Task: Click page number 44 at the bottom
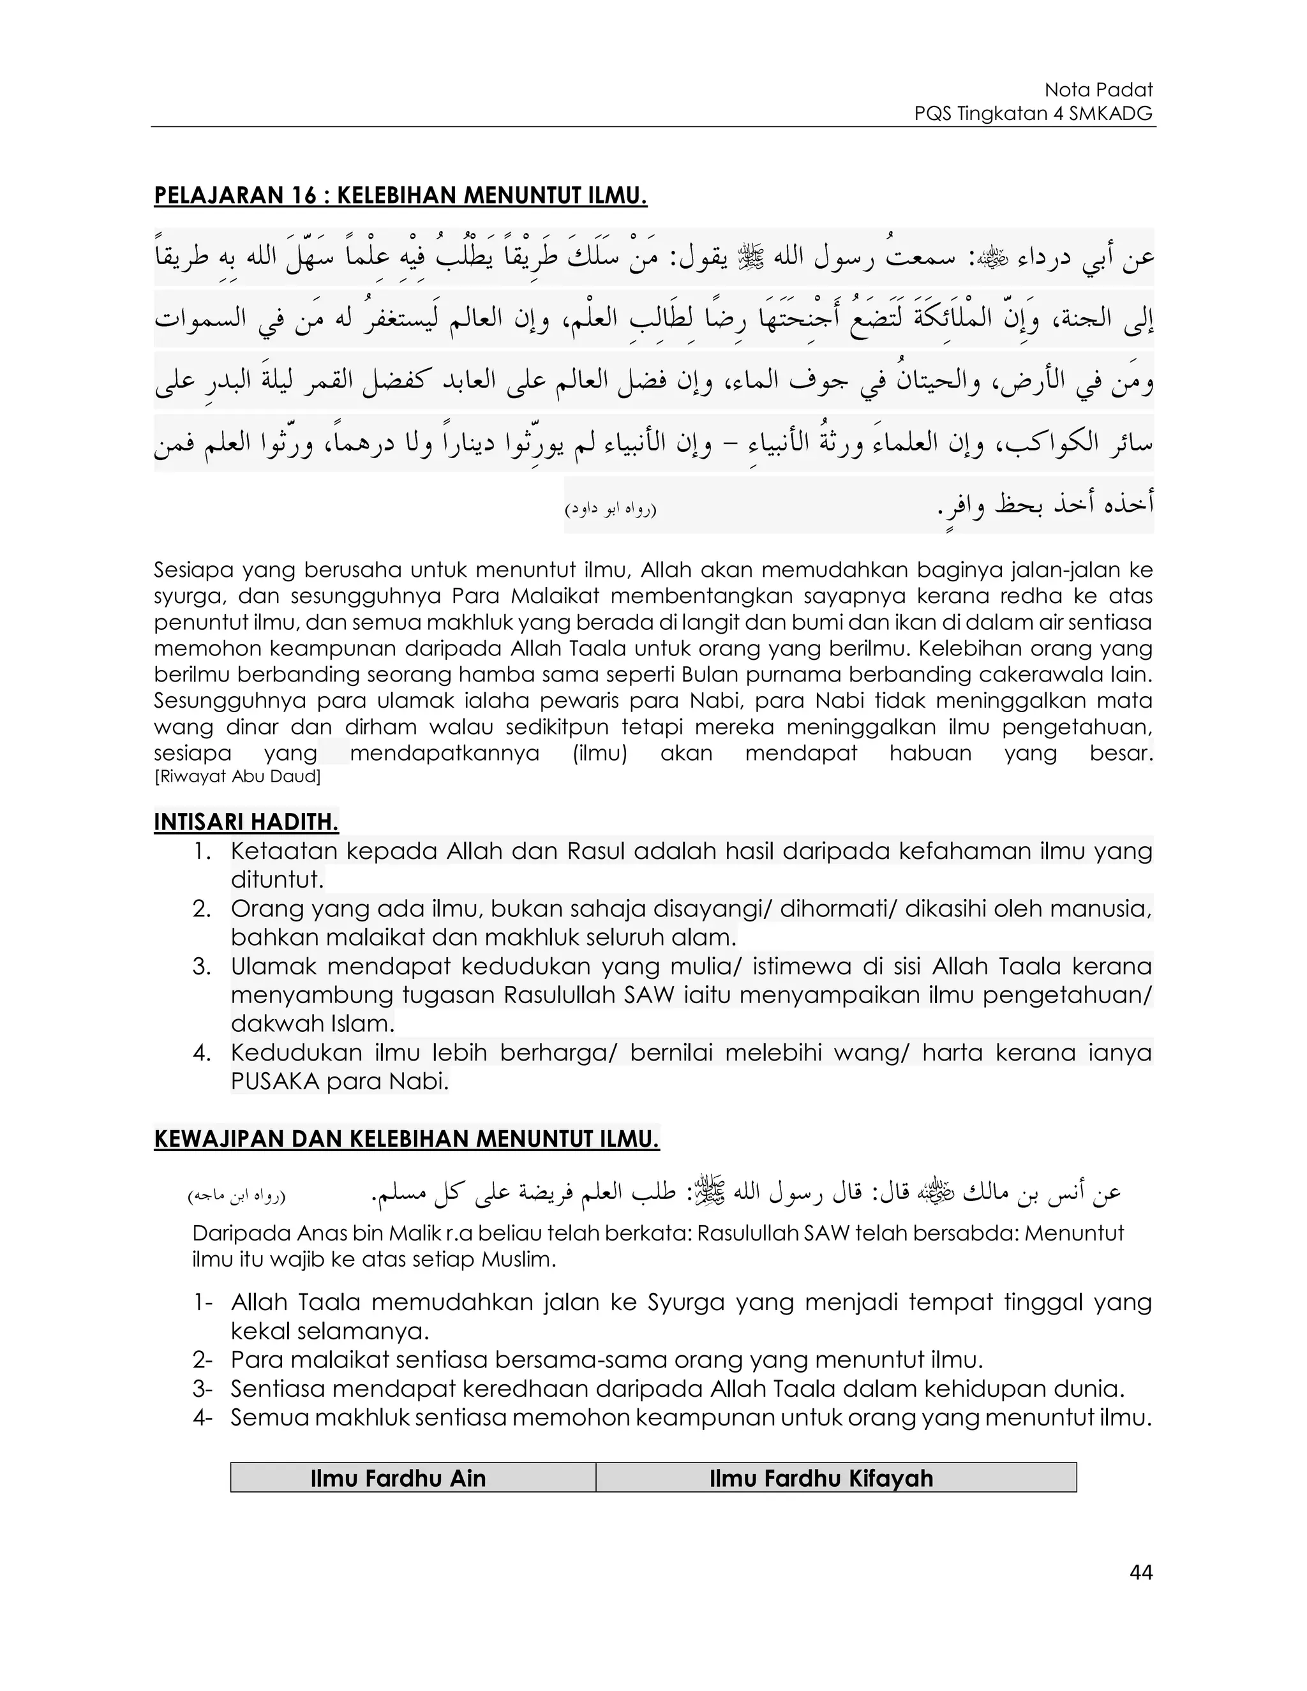point(1141,1572)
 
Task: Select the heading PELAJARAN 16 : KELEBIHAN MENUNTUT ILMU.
point(400,196)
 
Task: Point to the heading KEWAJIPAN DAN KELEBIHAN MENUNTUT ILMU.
point(407,1139)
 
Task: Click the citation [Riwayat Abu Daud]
point(237,776)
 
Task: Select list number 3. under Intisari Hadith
point(202,966)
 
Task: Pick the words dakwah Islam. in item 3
point(313,1024)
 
